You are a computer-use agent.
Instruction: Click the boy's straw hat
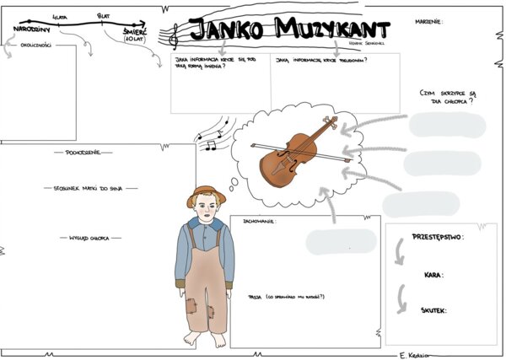pos(207,195)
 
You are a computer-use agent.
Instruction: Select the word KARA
pos(434,275)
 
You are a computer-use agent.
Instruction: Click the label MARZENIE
pos(428,21)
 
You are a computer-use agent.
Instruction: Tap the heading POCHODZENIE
pos(83,153)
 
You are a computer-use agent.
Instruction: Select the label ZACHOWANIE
pos(258,222)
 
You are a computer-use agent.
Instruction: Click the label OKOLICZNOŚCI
pos(36,46)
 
